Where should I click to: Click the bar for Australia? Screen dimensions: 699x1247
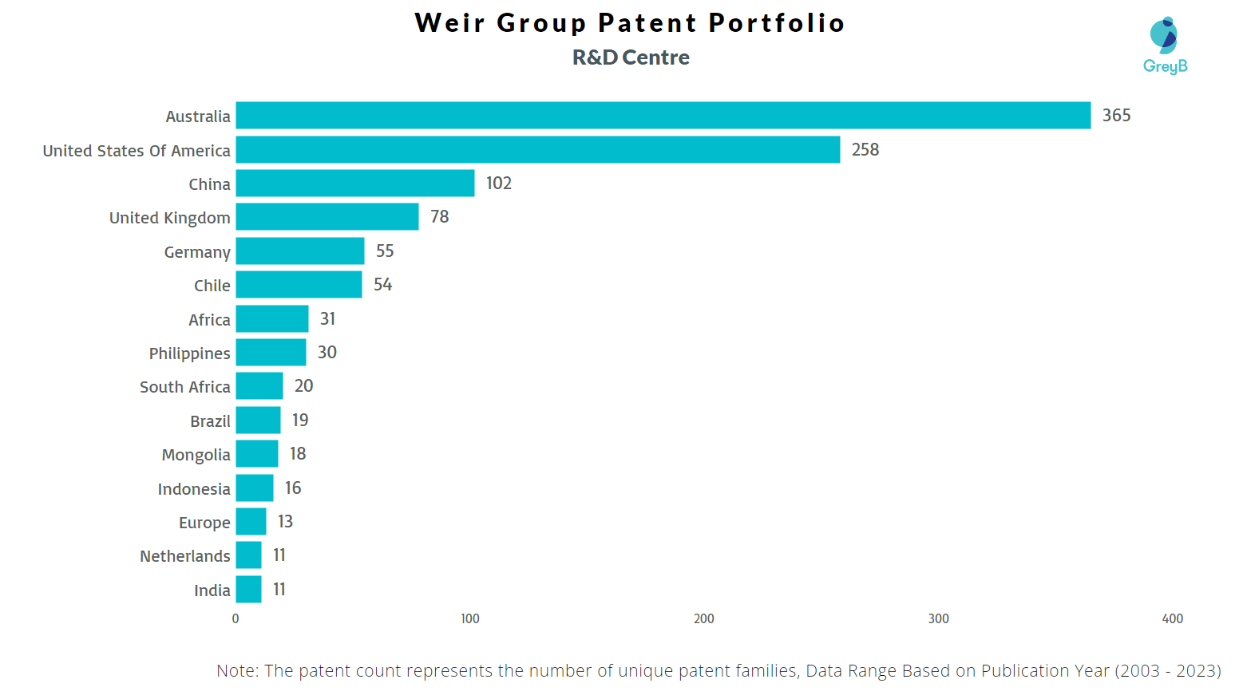663,115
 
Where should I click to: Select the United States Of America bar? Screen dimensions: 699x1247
537,149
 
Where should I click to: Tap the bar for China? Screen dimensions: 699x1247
354,183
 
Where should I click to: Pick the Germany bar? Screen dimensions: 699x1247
299,251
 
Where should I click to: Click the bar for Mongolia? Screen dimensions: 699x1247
256,453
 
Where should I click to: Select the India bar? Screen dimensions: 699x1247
248,589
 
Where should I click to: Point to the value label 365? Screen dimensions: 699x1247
1116,115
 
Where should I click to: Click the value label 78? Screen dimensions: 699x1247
439,217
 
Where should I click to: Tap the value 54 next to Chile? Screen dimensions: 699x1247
382,285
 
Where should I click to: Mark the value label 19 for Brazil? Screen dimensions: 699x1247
299,420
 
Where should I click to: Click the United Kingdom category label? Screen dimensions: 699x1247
169,218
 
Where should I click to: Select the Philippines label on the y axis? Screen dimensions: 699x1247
189,353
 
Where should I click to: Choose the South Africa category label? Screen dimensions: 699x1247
184,387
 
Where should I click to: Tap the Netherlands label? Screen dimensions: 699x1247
184,556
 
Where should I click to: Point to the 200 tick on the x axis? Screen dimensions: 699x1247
703,618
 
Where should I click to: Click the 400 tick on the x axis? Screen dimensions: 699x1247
1172,618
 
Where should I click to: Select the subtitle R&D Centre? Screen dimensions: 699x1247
631,57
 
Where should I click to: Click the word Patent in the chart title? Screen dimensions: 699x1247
647,23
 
